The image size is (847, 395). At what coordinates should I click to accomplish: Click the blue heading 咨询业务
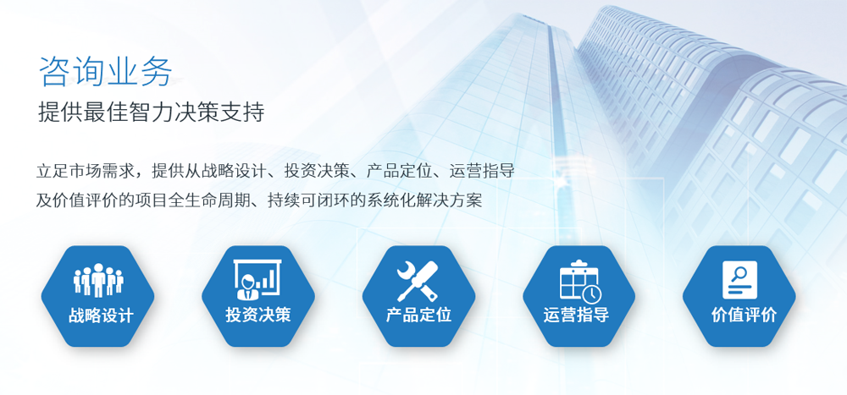[x=106, y=71]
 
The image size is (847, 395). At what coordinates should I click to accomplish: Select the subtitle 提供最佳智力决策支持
[x=152, y=113]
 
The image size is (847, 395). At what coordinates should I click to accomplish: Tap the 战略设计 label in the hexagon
[x=101, y=315]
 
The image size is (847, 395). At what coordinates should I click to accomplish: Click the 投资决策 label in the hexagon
[x=258, y=315]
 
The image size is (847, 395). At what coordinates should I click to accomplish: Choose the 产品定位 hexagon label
[x=418, y=315]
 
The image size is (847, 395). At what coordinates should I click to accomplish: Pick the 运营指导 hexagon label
[x=576, y=315]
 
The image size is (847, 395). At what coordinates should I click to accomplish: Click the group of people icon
[x=98, y=280]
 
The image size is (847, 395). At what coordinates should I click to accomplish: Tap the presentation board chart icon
[x=257, y=279]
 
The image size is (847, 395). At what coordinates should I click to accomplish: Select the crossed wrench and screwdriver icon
[x=418, y=280]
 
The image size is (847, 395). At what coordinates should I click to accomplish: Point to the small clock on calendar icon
[x=592, y=294]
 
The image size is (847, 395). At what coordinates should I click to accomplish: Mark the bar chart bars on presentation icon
[x=267, y=278]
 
